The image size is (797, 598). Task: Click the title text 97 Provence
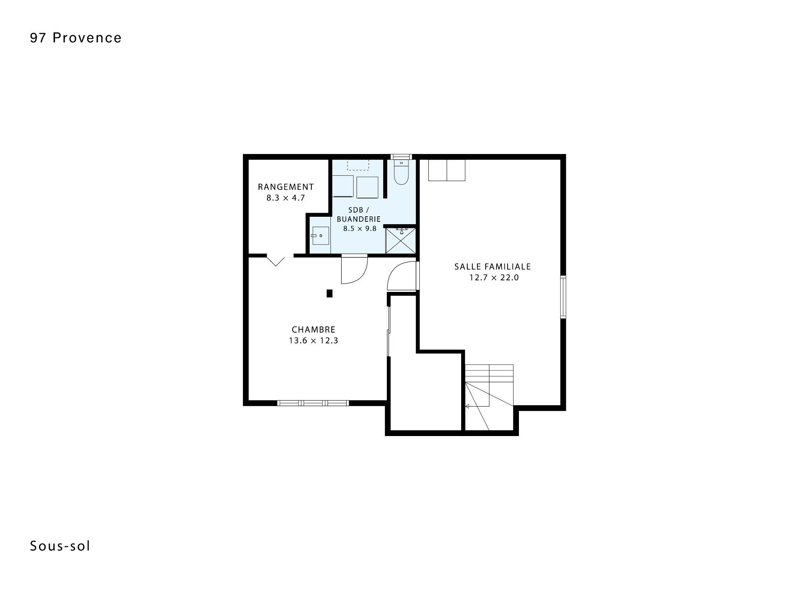(x=76, y=38)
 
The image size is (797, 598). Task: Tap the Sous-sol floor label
(x=60, y=546)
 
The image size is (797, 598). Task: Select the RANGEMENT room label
(x=286, y=187)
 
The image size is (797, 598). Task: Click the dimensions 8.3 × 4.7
(x=286, y=198)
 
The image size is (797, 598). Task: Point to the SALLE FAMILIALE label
(x=493, y=267)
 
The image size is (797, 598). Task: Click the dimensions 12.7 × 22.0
(x=494, y=278)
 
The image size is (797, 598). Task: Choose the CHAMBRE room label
(x=313, y=330)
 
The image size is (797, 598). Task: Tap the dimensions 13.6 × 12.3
(x=313, y=341)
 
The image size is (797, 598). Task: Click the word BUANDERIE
(x=359, y=219)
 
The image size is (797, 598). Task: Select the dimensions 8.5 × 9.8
(x=359, y=228)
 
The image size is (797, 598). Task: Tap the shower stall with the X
(x=401, y=240)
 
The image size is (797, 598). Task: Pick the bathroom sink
(x=320, y=235)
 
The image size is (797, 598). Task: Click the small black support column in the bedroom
(x=330, y=293)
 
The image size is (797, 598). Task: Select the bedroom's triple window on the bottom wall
(x=313, y=403)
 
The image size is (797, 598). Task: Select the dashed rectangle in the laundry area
(x=358, y=165)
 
